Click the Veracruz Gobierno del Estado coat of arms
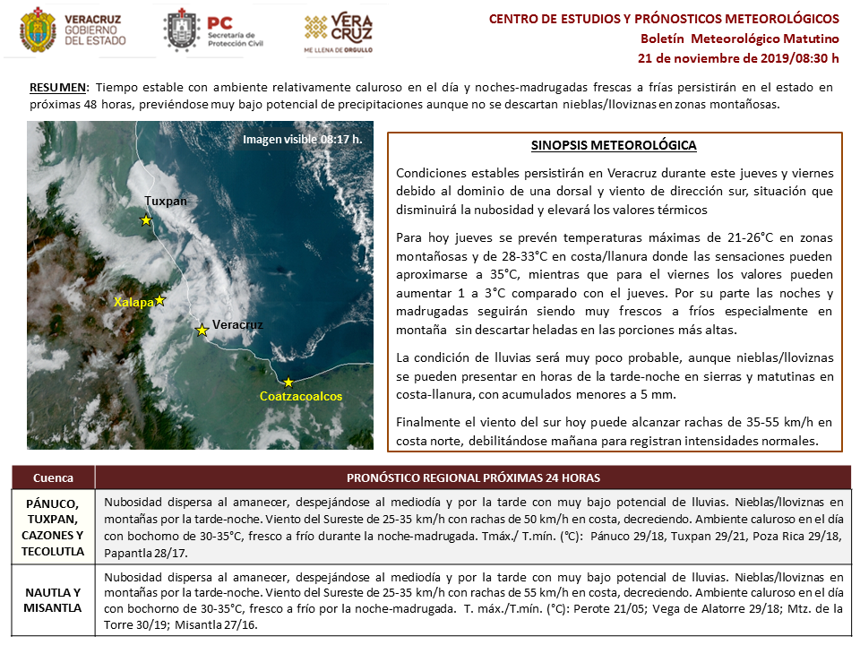coord(36,30)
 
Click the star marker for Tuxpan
coord(145,220)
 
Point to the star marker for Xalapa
coord(160,300)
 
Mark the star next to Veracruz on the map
coord(202,331)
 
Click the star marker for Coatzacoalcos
coord(288,383)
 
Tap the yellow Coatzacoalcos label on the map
coord(301,396)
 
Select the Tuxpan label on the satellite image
coord(166,202)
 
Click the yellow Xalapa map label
coord(133,303)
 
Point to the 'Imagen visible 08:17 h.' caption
coord(302,139)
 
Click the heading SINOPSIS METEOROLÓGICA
coord(614,146)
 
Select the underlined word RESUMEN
coord(58,88)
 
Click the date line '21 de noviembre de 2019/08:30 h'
coord(738,58)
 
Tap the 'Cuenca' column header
coord(52,477)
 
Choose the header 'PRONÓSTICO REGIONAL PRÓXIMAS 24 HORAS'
coord(473,477)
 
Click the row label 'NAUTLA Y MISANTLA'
coord(52,600)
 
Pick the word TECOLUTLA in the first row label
coord(52,551)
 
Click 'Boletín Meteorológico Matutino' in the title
coord(739,39)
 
